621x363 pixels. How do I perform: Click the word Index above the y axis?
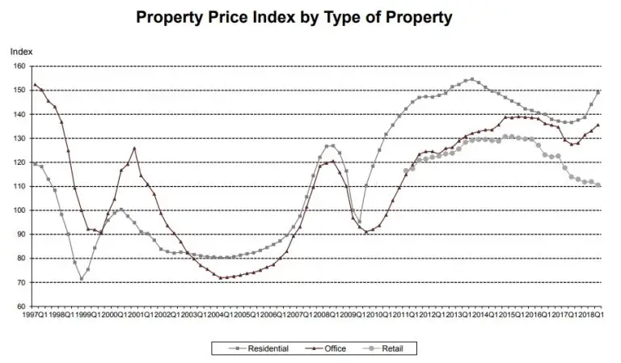click(21, 51)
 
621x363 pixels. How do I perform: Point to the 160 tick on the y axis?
click(19, 65)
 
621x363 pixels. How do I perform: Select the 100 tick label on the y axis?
click(19, 210)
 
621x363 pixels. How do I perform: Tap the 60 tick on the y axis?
click(20, 306)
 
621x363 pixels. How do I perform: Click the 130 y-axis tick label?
click(19, 138)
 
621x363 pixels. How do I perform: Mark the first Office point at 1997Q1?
click(35, 85)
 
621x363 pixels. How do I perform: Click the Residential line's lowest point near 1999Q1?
click(81, 279)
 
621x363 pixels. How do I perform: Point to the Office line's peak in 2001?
click(134, 148)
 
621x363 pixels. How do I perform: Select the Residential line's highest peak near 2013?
click(472, 79)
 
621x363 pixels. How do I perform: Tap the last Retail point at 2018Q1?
click(598, 185)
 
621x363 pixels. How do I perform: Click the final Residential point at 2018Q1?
click(598, 92)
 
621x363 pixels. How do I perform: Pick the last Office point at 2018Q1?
click(598, 125)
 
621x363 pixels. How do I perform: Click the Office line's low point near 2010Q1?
click(365, 232)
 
